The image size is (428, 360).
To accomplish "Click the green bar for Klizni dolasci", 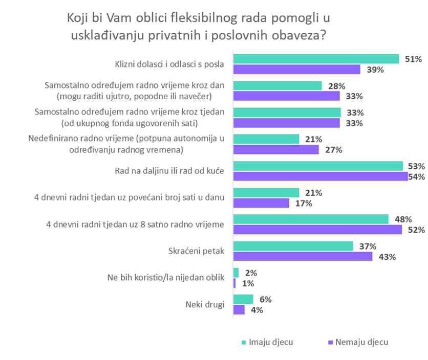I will coord(316,59).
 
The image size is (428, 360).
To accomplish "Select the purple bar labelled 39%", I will coord(297,70).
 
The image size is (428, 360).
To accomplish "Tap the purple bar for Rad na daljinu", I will coord(320,176).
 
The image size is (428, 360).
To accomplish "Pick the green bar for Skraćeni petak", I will coord(293,246).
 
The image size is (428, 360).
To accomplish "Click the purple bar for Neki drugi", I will coord(239,310).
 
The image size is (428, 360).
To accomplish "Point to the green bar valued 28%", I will coord(277,85).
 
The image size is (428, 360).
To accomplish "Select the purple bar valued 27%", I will coord(276,149).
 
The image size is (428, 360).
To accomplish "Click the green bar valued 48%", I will coord(311,219).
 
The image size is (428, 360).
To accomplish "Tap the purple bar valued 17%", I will coord(261,203).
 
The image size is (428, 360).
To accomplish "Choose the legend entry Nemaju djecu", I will coord(361,342).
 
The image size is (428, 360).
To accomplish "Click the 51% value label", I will coord(413,59).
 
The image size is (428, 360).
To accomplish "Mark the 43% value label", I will coord(387,257).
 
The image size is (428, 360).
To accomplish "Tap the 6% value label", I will coord(266,299).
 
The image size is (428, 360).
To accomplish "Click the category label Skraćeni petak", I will coord(197,251).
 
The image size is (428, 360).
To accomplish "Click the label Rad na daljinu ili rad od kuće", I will coord(170,171).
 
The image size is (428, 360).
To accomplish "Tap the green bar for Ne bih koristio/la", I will coord(236,273).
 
